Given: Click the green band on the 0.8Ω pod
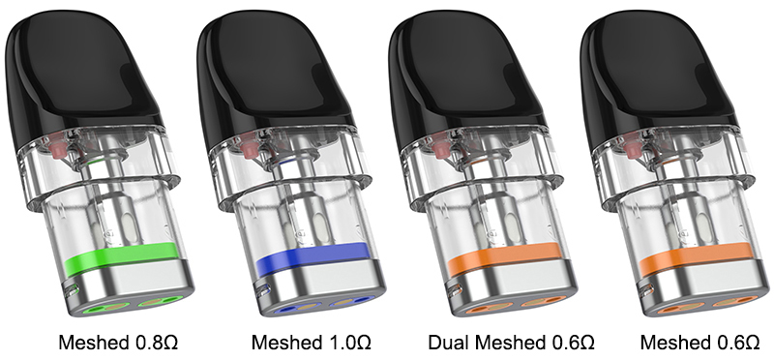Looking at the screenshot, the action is click(120, 257).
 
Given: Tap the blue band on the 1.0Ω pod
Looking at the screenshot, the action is click(312, 257).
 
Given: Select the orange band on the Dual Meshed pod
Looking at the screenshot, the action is click(504, 257).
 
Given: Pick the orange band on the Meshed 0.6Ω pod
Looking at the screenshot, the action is click(696, 257).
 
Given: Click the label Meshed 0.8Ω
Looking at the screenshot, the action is click(118, 343).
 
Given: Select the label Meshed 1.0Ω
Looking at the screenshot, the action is click(311, 343).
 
